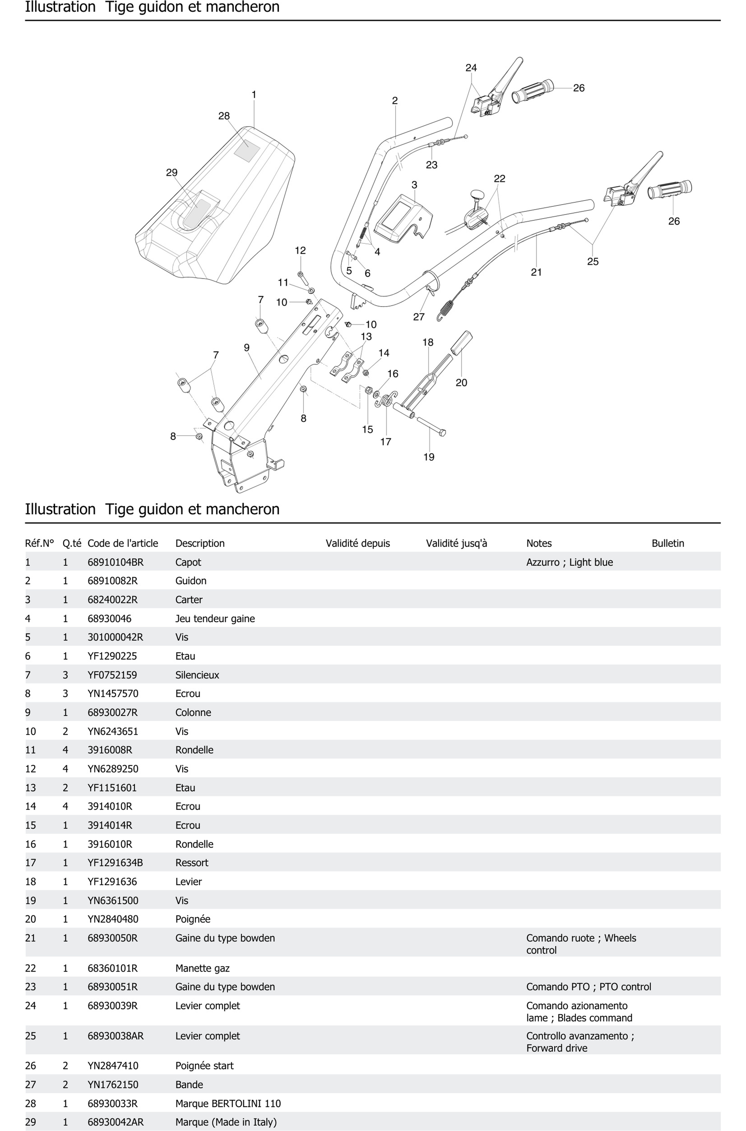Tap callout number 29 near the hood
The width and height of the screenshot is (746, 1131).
point(172,173)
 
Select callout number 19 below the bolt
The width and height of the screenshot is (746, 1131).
point(429,457)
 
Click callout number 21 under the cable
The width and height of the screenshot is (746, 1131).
point(536,272)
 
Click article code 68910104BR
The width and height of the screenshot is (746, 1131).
point(115,562)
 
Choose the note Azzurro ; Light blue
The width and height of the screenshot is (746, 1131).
point(569,562)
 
